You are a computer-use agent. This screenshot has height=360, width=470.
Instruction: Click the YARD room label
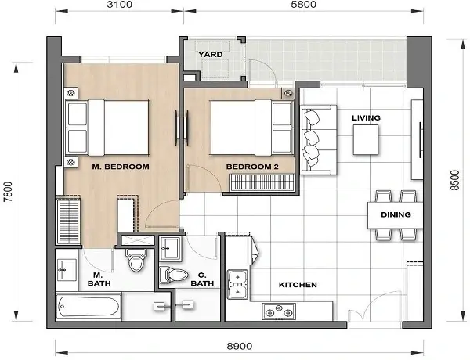click(x=210, y=55)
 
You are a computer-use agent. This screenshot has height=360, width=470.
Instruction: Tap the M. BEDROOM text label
click(x=121, y=167)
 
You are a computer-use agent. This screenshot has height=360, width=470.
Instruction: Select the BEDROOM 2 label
click(x=248, y=167)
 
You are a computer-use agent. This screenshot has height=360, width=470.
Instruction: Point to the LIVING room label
click(x=366, y=118)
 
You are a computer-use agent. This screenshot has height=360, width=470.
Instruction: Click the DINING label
click(x=396, y=213)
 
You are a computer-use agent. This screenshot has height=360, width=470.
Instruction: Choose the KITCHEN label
click(x=298, y=285)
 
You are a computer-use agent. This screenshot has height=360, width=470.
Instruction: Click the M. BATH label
click(x=98, y=279)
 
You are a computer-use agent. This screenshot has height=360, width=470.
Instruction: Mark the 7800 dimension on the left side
click(x=9, y=192)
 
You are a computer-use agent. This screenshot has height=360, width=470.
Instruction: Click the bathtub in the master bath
click(x=89, y=305)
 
